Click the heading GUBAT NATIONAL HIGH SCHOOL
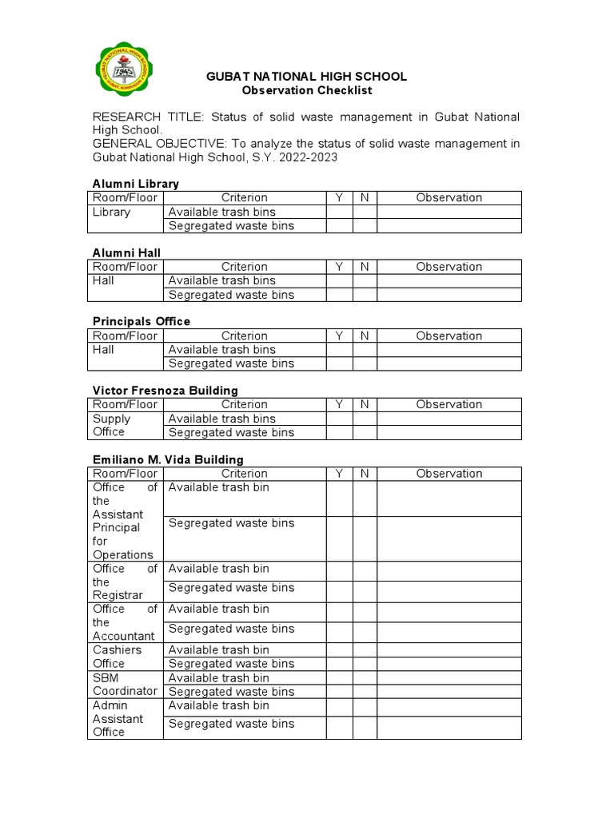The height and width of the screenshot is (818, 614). (306, 77)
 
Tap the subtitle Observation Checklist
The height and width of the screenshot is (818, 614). (306, 90)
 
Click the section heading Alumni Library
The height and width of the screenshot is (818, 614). (136, 184)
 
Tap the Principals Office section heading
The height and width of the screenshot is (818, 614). (142, 321)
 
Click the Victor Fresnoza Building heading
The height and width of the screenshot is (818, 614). (165, 391)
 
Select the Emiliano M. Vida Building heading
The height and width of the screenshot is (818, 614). (168, 459)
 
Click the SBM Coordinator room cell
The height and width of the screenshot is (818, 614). (125, 684)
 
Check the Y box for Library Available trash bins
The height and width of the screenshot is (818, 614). (339, 212)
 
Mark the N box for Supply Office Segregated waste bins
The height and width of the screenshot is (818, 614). (365, 432)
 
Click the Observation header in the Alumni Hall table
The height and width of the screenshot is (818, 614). (449, 267)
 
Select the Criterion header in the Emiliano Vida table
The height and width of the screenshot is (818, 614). (244, 474)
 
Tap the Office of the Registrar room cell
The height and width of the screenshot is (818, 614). (125, 582)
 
